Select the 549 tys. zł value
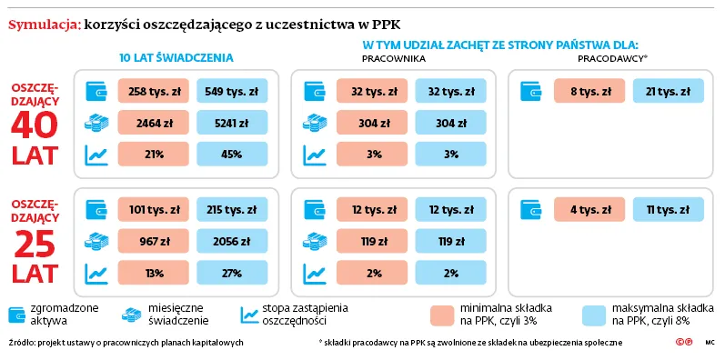pos(232,91)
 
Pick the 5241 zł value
pos(232,123)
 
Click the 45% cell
pos(232,155)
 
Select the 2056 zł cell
pos(232,242)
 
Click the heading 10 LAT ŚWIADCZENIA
pos(176,57)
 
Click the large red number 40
pos(35,128)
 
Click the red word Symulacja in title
pos(43,24)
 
